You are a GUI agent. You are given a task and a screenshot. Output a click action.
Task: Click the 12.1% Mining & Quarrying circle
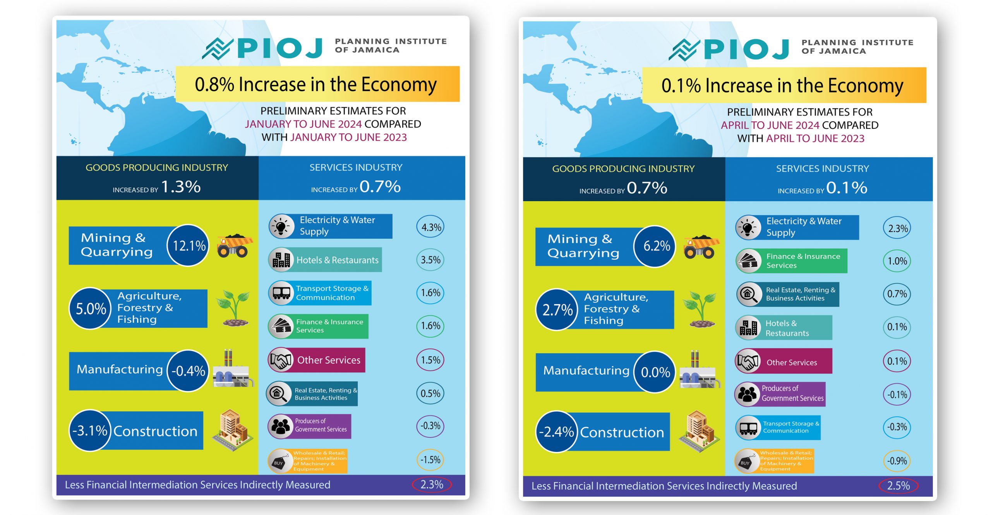point(189,246)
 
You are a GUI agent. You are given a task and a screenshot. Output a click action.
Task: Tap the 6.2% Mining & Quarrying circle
point(656,246)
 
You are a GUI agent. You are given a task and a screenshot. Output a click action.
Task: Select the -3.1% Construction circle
point(90,431)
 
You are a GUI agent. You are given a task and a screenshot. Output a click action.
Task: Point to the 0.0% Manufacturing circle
point(655,372)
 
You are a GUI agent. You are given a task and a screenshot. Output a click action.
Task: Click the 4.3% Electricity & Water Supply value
point(431,228)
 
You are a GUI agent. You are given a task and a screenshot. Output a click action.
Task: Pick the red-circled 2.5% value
point(898,486)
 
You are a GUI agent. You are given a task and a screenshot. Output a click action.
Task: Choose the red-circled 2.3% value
point(432,484)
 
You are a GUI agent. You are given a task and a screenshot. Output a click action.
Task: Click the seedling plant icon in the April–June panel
point(701,309)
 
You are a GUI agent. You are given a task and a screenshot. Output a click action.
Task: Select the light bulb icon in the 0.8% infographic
point(281,226)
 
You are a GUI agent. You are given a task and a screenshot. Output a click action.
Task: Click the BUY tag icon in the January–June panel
point(279,461)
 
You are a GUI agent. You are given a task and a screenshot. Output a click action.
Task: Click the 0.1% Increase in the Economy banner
point(784,86)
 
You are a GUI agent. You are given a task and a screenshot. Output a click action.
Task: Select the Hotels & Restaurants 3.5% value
point(430,260)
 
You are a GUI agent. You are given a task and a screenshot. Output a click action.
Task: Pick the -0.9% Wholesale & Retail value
point(897,461)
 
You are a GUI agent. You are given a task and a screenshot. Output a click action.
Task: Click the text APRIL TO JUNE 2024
point(770,125)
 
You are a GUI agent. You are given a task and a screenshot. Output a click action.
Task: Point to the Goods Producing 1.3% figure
point(181,187)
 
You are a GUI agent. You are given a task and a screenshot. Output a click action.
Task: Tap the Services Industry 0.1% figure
point(847,188)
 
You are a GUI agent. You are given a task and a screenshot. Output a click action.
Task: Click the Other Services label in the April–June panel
point(792,363)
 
